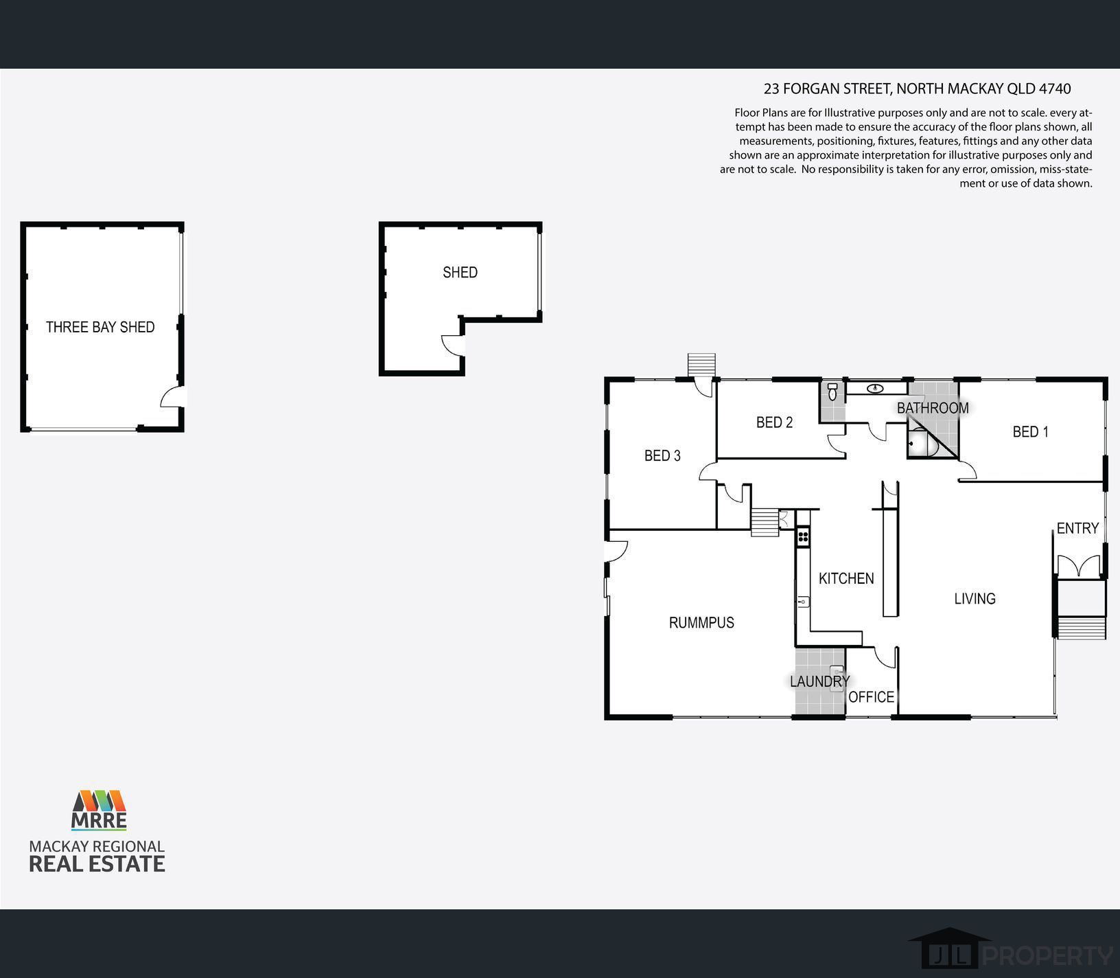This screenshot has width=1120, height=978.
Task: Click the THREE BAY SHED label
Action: coord(100,327)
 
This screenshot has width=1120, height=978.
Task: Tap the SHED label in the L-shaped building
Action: coord(460,273)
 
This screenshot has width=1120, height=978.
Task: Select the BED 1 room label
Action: coord(1030,432)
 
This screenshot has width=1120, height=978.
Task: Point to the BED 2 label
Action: coord(774,422)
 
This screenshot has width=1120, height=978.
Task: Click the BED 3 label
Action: coord(662,455)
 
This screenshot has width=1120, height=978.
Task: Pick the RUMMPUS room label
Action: coord(701,622)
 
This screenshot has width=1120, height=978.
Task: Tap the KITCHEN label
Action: coord(846,578)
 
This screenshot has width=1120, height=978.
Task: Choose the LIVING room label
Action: coord(975,598)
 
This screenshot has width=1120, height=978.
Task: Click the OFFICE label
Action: coord(872,697)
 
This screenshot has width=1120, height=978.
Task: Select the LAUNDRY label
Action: coord(819,681)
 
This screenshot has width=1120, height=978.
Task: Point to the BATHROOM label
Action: coord(933,408)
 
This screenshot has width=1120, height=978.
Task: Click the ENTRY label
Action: coord(1077,528)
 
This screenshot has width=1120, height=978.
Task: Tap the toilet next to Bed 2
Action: coord(832,392)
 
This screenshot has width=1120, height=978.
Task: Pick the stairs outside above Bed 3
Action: coord(701,365)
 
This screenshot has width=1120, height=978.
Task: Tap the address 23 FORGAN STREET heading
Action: coord(917,89)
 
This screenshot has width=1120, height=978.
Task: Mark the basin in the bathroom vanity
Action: coord(874,389)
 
